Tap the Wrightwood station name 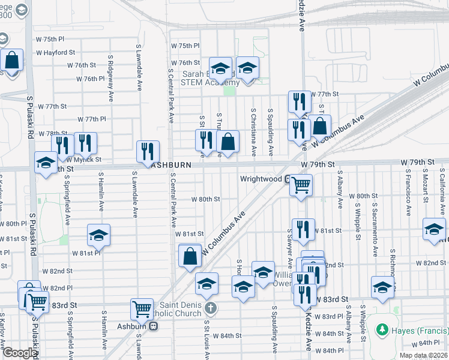point(261,179)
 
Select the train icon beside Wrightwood point(289,179)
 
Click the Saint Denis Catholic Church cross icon point(210,308)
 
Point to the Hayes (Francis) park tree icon point(381,329)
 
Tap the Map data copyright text point(424,356)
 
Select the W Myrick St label point(83,160)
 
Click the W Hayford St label point(57,52)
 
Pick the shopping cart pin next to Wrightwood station point(301,185)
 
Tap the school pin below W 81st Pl point(99,235)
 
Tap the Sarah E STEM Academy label point(211,79)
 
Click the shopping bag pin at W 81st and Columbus point(190,256)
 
